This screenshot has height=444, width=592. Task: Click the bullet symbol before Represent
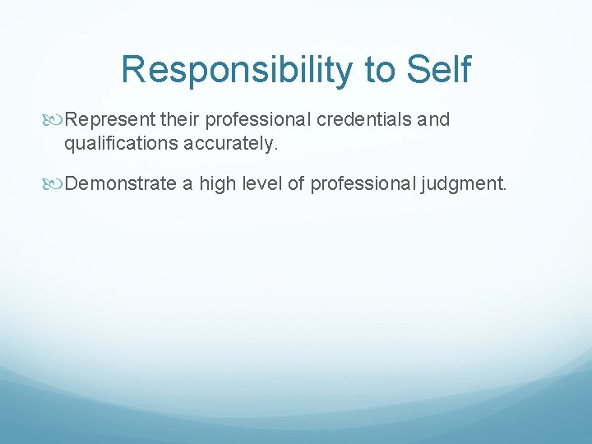click(x=55, y=120)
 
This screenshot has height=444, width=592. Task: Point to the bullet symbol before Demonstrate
click(x=55, y=183)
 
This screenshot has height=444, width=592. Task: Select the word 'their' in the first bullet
click(x=180, y=120)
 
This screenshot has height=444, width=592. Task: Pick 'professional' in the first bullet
click(x=258, y=120)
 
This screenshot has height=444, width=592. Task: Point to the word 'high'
click(x=217, y=183)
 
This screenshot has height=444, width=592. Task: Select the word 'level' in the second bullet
click(x=261, y=183)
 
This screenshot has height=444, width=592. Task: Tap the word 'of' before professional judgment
click(x=296, y=183)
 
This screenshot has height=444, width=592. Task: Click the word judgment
click(x=463, y=183)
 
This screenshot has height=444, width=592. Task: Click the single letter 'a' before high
click(x=187, y=183)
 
